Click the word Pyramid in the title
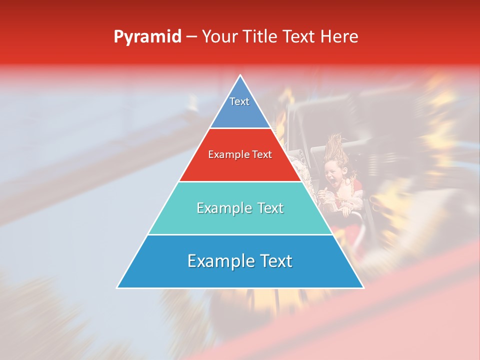pos(147,37)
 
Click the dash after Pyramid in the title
pos(191,37)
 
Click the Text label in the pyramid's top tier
pos(239,101)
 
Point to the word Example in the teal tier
pos(223,208)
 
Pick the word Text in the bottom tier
pos(274,261)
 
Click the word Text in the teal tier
pos(270,208)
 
